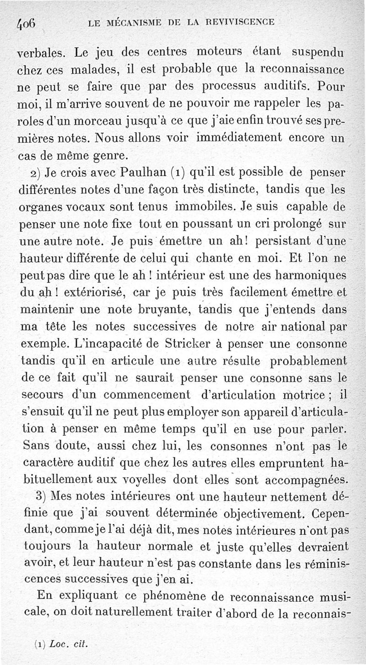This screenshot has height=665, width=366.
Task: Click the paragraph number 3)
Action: click(40, 496)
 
